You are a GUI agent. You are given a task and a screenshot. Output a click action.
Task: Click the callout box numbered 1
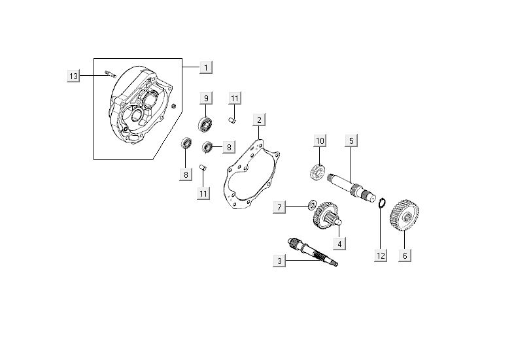(x=205, y=67)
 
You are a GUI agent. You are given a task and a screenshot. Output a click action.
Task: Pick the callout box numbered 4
(x=339, y=244)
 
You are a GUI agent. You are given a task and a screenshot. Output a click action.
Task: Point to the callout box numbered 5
(x=351, y=141)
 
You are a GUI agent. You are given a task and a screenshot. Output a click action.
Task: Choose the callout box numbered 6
(x=405, y=255)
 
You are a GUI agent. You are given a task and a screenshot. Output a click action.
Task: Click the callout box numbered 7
(x=279, y=208)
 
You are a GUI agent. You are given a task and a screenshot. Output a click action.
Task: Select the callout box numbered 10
(x=320, y=141)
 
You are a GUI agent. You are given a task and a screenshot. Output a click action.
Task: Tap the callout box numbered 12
(x=381, y=255)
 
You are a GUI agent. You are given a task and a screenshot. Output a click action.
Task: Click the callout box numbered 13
(x=74, y=76)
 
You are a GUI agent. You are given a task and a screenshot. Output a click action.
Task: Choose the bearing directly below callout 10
(x=317, y=173)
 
